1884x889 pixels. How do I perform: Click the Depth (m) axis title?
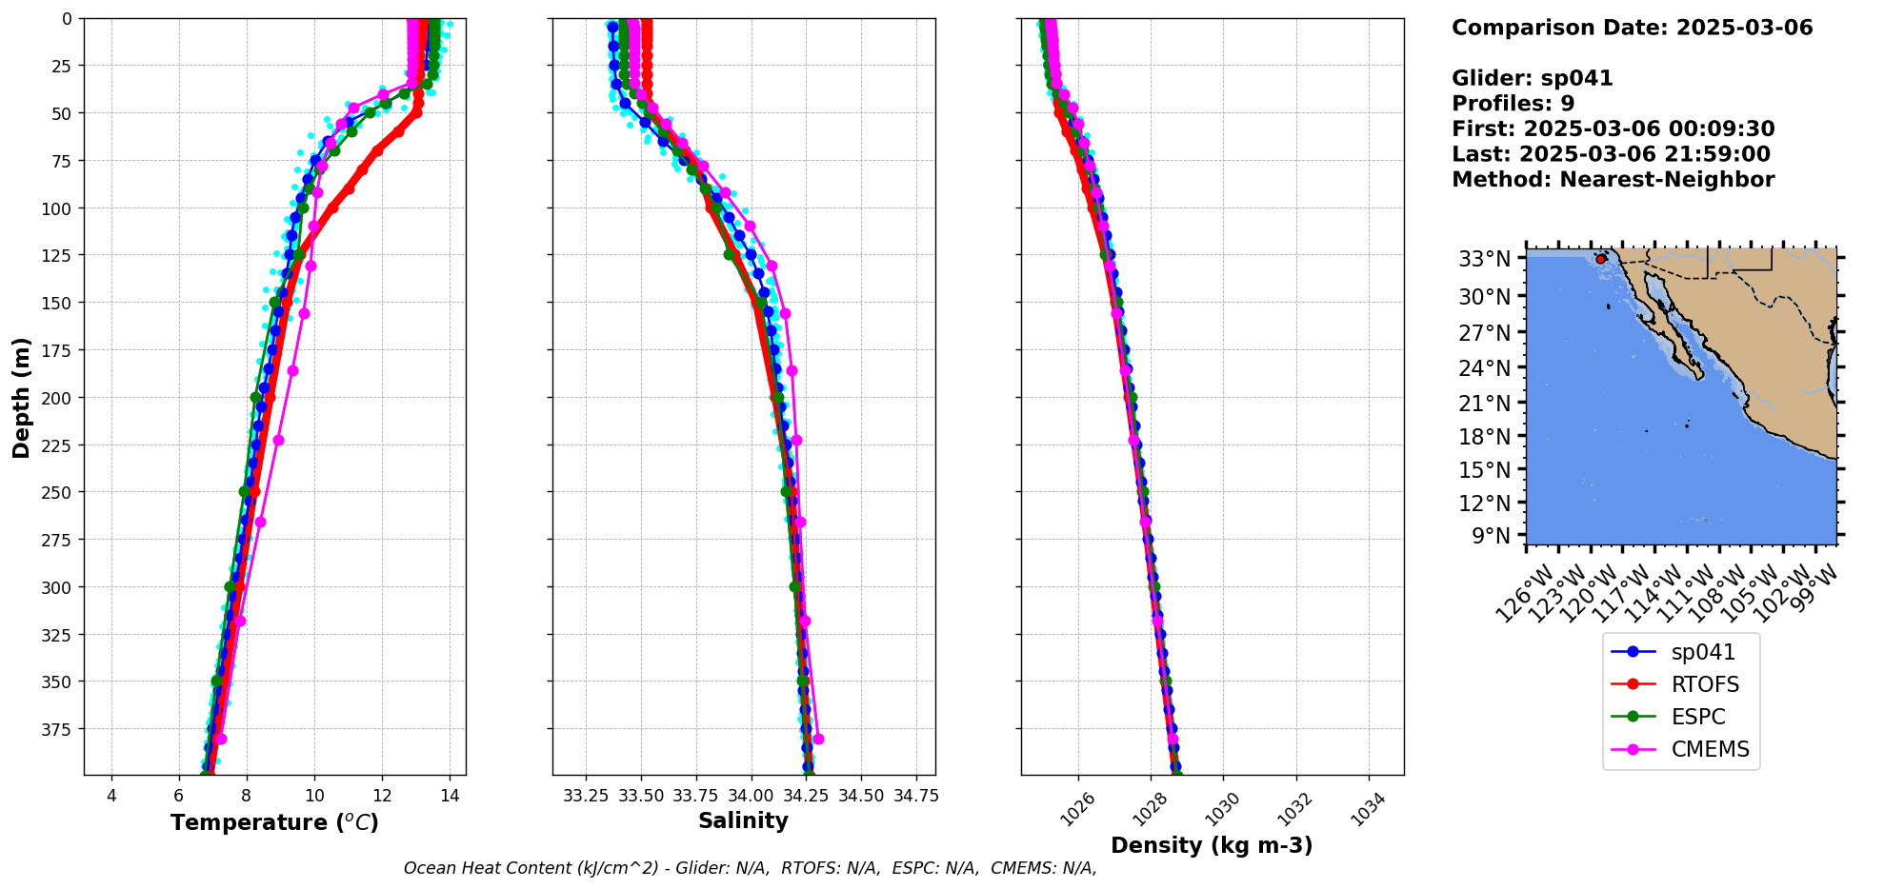[x=22, y=397]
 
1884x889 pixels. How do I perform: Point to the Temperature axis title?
[x=274, y=822]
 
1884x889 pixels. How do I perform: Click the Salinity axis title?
[x=743, y=821]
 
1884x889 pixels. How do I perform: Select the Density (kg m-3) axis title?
[x=1212, y=845]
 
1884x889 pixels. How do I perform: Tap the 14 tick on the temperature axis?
[x=450, y=796]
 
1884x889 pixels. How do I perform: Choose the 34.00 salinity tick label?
[x=751, y=796]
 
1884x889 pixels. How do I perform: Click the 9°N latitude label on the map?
[x=1491, y=536]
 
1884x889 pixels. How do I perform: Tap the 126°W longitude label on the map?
[x=1522, y=595]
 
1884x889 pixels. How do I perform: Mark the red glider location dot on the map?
[x=1601, y=259]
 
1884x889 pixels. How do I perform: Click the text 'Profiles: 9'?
[x=1513, y=104]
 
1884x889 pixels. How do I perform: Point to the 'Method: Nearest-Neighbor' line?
[x=1613, y=180]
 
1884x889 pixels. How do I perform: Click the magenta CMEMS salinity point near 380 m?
[x=817, y=740]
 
